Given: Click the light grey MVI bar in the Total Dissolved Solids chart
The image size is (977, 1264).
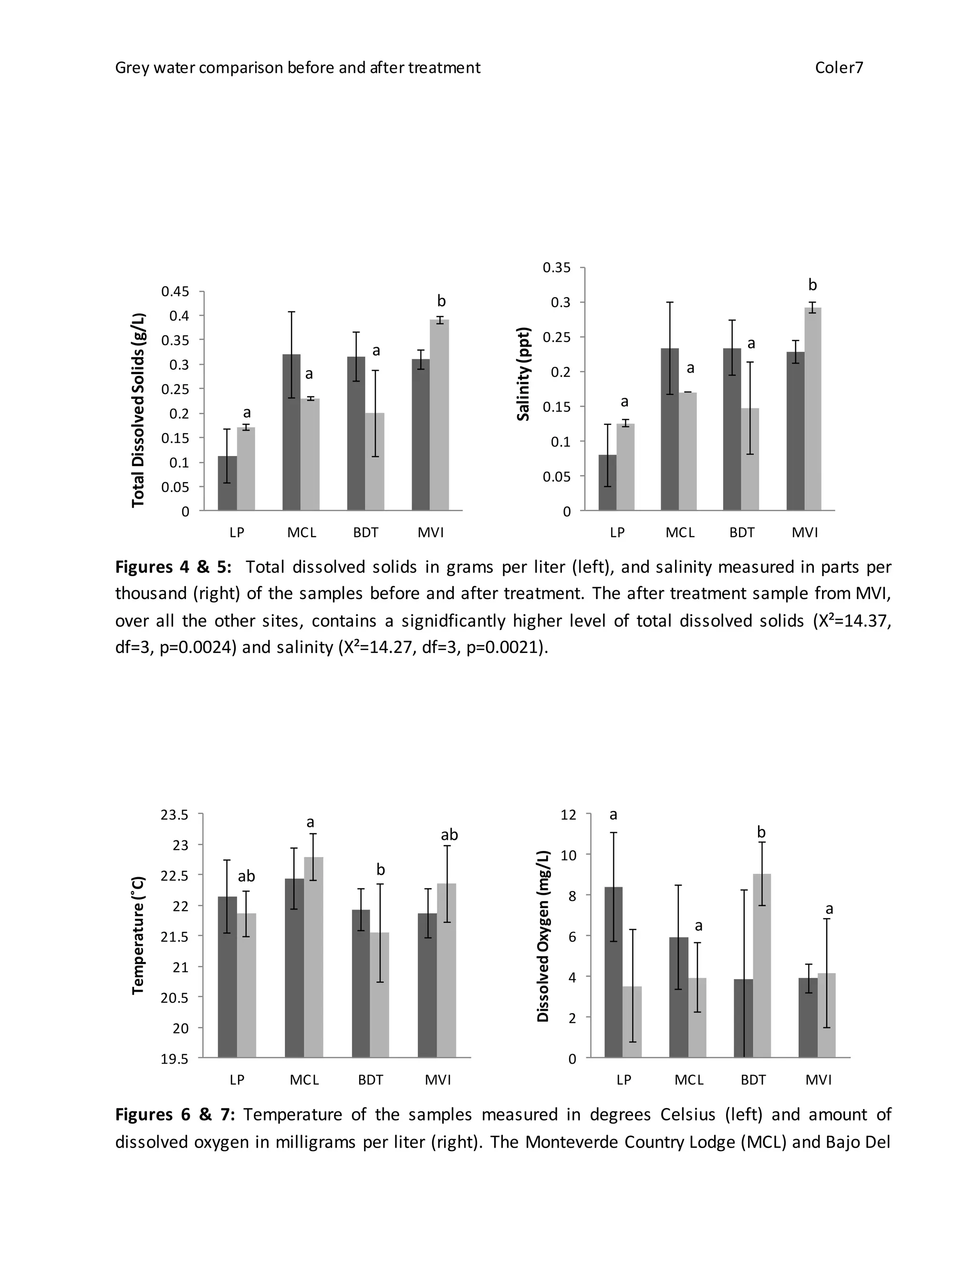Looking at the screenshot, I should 439,414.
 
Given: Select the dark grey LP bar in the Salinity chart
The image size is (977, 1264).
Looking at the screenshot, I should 607,482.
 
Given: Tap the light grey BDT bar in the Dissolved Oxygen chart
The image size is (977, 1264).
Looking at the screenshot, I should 762,965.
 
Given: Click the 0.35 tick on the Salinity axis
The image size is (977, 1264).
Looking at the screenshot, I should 556,268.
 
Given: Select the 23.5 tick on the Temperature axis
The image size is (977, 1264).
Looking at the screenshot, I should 175,815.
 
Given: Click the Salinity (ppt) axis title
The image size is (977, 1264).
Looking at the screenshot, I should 524,374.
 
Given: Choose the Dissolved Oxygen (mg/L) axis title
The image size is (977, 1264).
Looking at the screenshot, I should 542,936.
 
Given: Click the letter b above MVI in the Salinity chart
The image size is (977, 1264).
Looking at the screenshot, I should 812,285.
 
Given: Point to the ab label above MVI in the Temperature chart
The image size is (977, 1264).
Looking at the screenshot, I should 449,835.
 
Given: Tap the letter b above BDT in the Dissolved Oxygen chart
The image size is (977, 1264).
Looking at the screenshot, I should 761,832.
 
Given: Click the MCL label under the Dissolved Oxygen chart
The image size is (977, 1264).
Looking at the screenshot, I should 689,1080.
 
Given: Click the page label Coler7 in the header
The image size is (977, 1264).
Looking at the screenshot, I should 839,68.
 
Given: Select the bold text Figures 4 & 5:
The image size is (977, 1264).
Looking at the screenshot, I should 173,567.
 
